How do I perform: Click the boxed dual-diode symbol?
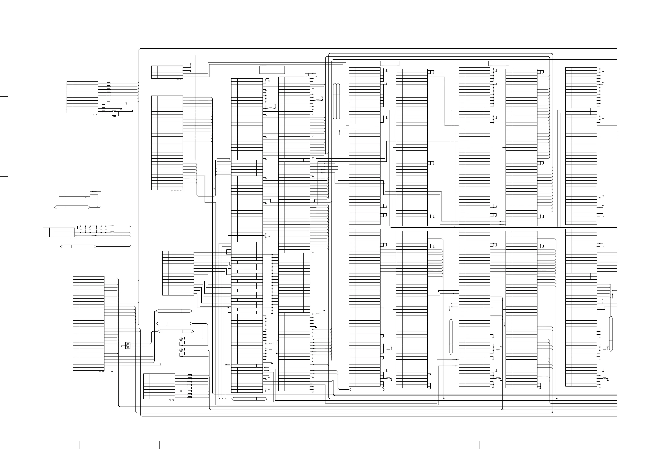(x=128, y=345)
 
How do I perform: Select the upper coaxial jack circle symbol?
(x=181, y=339)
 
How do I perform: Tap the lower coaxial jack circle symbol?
(x=181, y=350)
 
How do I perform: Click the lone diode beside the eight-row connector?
(x=181, y=391)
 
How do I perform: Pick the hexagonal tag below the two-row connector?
(x=72, y=207)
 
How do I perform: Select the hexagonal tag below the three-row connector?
(x=78, y=247)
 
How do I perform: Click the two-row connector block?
(x=75, y=193)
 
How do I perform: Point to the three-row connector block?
(x=59, y=232)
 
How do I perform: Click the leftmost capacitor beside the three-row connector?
(x=81, y=228)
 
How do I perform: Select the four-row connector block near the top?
(x=167, y=72)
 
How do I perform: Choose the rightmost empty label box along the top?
(x=499, y=63)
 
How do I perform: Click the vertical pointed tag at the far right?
(x=611, y=334)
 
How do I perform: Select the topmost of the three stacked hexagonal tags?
(x=174, y=311)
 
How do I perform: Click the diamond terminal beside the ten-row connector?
(x=132, y=109)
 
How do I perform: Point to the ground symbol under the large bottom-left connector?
(x=112, y=371)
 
